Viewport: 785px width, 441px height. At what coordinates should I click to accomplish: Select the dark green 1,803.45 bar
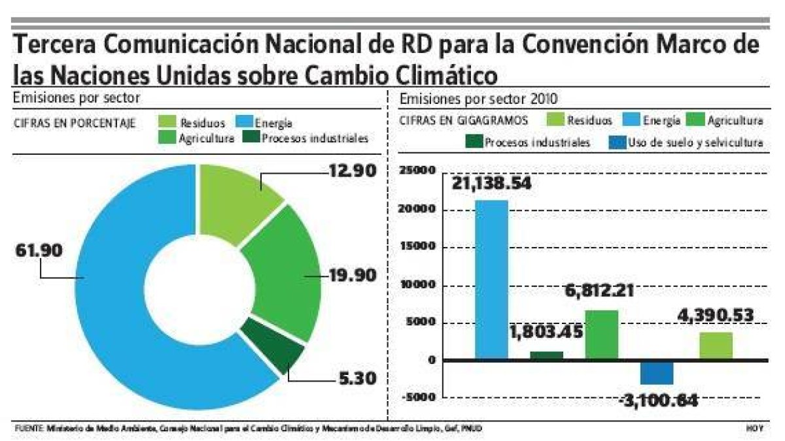point(547,355)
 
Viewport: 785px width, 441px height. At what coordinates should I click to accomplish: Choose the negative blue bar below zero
point(657,372)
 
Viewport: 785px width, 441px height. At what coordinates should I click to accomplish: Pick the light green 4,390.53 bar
point(716,346)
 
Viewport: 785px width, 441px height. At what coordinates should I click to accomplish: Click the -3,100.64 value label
point(657,398)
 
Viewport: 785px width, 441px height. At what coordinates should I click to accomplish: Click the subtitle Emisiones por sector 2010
point(478,100)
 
